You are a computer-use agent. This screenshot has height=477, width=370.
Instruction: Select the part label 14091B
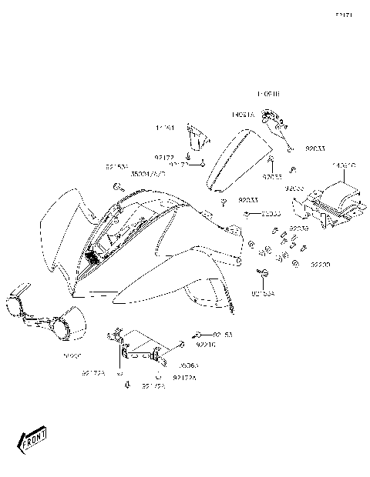267,94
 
